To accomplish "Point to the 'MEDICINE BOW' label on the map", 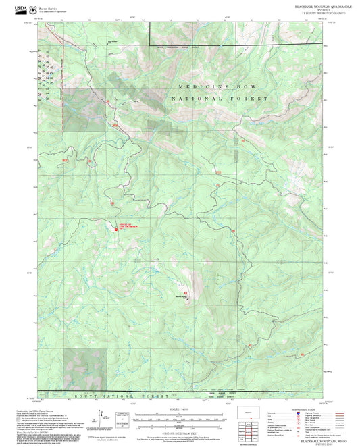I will point(218,87).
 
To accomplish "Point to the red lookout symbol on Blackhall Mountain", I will point(195,292).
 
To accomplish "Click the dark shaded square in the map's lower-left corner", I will point(85,369).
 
